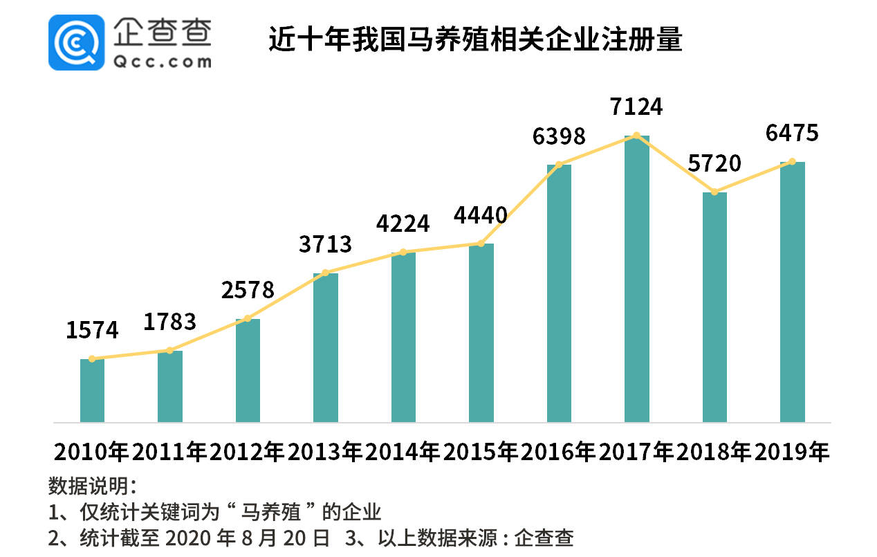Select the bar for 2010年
(x=92, y=390)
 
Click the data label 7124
(x=636, y=107)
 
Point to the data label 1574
(x=92, y=330)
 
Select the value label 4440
(x=481, y=216)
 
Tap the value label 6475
(x=792, y=133)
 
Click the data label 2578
(x=248, y=290)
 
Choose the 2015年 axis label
(x=481, y=452)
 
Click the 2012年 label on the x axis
(x=248, y=452)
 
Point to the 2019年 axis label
(x=792, y=452)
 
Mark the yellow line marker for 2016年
(x=559, y=165)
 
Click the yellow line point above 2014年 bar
(x=403, y=252)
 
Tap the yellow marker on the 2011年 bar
(x=170, y=351)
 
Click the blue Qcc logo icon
(x=76, y=42)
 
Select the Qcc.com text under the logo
(x=161, y=62)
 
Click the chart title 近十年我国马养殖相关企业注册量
(x=475, y=41)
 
